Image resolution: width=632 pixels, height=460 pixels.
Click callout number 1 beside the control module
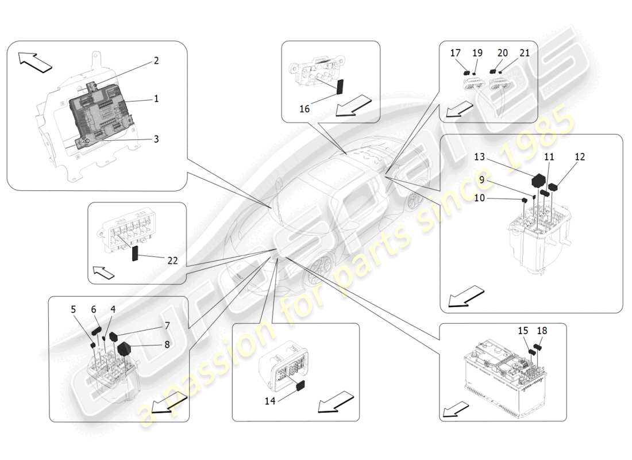click(x=156, y=99)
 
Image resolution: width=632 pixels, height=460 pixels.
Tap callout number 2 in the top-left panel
click(x=156, y=61)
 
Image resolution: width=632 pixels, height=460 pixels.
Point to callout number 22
click(x=172, y=260)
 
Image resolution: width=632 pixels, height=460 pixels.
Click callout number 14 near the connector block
click(x=270, y=401)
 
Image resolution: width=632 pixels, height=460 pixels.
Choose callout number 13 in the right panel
click(x=480, y=156)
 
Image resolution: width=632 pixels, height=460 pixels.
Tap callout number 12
click(x=580, y=156)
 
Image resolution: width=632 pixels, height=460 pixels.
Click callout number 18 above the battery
click(x=542, y=331)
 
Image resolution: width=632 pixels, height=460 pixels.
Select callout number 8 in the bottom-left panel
click(x=167, y=345)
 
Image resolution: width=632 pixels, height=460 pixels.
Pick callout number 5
click(x=74, y=309)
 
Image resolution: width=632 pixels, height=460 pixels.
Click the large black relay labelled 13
click(x=538, y=180)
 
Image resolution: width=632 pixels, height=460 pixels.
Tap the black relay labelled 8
click(x=124, y=348)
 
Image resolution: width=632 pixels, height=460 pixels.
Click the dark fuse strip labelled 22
click(x=136, y=254)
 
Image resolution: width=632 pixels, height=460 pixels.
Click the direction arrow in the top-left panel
click(x=34, y=62)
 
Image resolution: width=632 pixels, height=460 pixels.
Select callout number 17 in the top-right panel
click(x=456, y=53)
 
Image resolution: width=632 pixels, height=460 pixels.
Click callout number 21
click(x=524, y=53)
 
